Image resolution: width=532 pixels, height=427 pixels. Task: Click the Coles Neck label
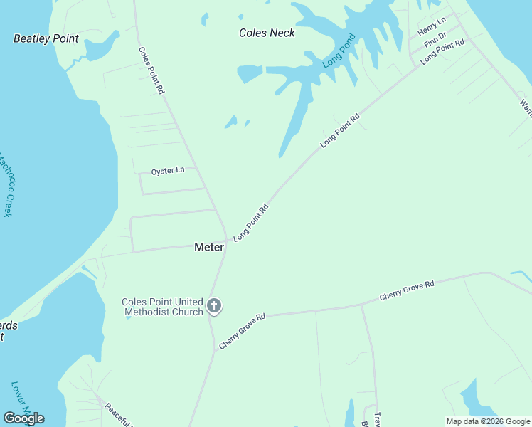tap(267, 33)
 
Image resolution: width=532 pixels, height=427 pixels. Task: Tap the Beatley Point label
tap(46, 38)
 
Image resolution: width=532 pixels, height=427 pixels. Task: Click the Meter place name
tap(209, 247)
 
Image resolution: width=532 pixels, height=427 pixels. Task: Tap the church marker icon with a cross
tap(214, 307)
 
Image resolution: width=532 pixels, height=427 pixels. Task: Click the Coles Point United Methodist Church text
tap(163, 307)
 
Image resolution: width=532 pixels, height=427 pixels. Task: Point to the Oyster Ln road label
tap(168, 171)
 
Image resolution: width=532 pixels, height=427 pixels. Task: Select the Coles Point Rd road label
tap(151, 70)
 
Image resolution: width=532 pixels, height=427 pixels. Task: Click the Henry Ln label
tap(432, 27)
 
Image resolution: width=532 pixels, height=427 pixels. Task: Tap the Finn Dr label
tap(435, 40)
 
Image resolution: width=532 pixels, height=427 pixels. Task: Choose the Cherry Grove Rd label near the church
tap(243, 331)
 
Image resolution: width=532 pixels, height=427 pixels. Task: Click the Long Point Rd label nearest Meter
tap(251, 223)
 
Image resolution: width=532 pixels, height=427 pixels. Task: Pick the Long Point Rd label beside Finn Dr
tap(442, 53)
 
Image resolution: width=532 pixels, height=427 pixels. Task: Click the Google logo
tap(24, 418)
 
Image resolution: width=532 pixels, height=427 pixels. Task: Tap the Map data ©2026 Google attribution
tap(488, 421)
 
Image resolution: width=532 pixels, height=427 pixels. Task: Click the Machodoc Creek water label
tap(6, 186)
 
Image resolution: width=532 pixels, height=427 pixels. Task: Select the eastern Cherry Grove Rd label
tap(407, 290)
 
